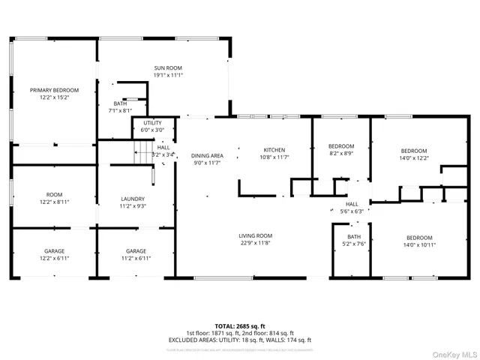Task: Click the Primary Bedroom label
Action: click(54, 90)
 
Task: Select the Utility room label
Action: click(152, 122)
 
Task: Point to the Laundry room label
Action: click(133, 199)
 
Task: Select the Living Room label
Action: click(256, 235)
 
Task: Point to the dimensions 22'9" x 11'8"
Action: click(256, 243)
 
